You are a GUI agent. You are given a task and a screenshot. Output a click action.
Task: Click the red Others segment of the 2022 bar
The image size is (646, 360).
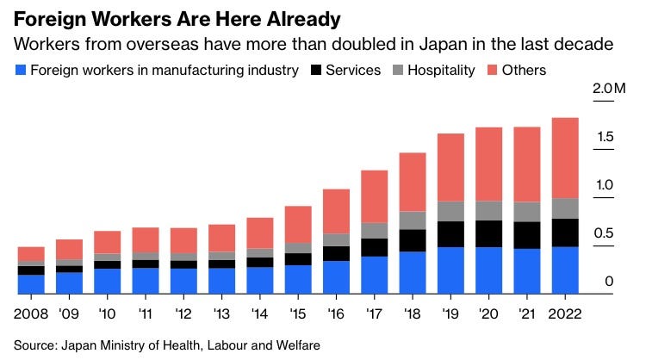point(565,158)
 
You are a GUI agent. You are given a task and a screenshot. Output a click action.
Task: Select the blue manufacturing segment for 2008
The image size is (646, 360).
point(31,284)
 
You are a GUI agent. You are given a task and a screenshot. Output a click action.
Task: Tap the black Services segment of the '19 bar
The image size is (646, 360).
point(450,234)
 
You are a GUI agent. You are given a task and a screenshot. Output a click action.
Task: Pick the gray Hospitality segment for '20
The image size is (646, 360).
point(488,211)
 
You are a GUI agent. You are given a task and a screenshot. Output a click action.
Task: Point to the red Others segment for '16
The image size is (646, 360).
point(336,212)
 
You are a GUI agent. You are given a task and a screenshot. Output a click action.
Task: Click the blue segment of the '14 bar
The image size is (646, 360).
point(260,281)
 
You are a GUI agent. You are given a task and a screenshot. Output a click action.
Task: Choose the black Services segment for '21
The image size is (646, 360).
point(527,235)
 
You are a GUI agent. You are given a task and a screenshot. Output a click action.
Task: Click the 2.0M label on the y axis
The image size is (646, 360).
point(609,88)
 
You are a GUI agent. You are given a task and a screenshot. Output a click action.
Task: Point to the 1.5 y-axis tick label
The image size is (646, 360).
point(606,137)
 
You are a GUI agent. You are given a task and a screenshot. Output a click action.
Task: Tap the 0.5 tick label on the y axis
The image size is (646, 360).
point(604,233)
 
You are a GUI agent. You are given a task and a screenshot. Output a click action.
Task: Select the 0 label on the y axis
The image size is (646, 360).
point(609,282)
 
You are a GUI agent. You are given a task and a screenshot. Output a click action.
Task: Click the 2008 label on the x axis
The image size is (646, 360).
point(31,313)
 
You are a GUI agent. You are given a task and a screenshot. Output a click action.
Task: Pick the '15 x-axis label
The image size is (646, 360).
point(298,313)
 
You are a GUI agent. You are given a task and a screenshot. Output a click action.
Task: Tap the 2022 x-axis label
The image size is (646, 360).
point(565,313)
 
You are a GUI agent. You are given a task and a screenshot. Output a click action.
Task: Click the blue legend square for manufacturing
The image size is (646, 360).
point(21,70)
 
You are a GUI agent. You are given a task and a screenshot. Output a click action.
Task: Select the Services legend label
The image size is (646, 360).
point(353,70)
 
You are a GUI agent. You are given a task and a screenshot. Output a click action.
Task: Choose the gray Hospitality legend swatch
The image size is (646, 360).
point(398,70)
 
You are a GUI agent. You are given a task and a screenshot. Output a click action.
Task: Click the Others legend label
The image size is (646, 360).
point(524,70)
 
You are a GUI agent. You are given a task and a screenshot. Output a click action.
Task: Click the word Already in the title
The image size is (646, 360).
point(304,19)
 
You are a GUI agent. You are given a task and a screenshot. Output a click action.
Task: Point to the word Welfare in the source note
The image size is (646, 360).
point(298,344)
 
